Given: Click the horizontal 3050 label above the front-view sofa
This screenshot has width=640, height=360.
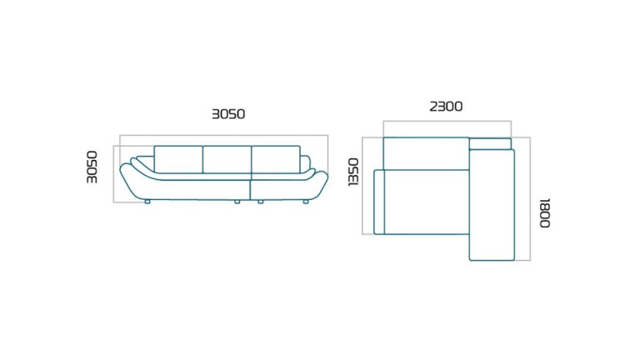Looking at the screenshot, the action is tap(228, 114).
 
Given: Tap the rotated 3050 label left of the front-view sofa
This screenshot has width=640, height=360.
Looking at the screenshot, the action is tap(92, 167).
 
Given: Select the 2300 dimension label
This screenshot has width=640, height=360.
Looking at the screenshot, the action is tap(446, 107).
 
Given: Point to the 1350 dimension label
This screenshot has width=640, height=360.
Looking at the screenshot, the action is tap(353, 172).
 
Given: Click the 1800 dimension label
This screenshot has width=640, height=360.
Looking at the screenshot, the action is tap(545, 212).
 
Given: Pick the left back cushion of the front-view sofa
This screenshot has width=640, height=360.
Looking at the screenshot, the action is tap(178, 159).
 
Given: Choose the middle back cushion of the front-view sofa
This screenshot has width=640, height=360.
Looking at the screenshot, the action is tap(227, 159).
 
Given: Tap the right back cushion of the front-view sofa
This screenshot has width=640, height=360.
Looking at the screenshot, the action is tap(276, 159).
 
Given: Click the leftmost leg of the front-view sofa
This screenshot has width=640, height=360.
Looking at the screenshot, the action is tap(147, 201).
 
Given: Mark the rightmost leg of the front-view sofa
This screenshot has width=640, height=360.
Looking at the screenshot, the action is tap(306, 201).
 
